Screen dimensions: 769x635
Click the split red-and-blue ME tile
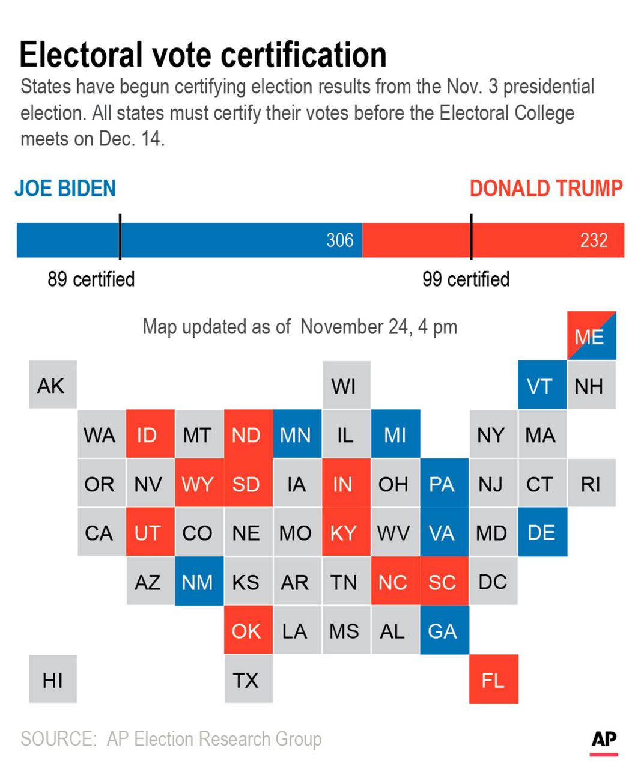[x=591, y=336]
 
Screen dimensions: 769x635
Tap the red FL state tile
[x=493, y=679]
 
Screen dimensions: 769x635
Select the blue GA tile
[x=444, y=630]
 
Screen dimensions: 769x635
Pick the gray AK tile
[x=53, y=385]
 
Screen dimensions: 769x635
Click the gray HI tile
[x=53, y=679]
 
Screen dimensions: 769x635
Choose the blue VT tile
[x=542, y=385]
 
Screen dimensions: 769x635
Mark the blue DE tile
[x=542, y=532]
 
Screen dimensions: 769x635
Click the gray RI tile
[x=591, y=483]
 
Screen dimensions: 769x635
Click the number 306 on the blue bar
[x=340, y=240]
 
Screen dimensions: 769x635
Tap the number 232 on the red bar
[x=594, y=240]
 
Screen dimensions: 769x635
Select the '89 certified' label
[x=91, y=279]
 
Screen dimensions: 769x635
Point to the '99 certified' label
[x=466, y=279]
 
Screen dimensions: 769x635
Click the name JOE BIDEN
[x=65, y=189]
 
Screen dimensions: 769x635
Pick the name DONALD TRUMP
[x=545, y=189]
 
